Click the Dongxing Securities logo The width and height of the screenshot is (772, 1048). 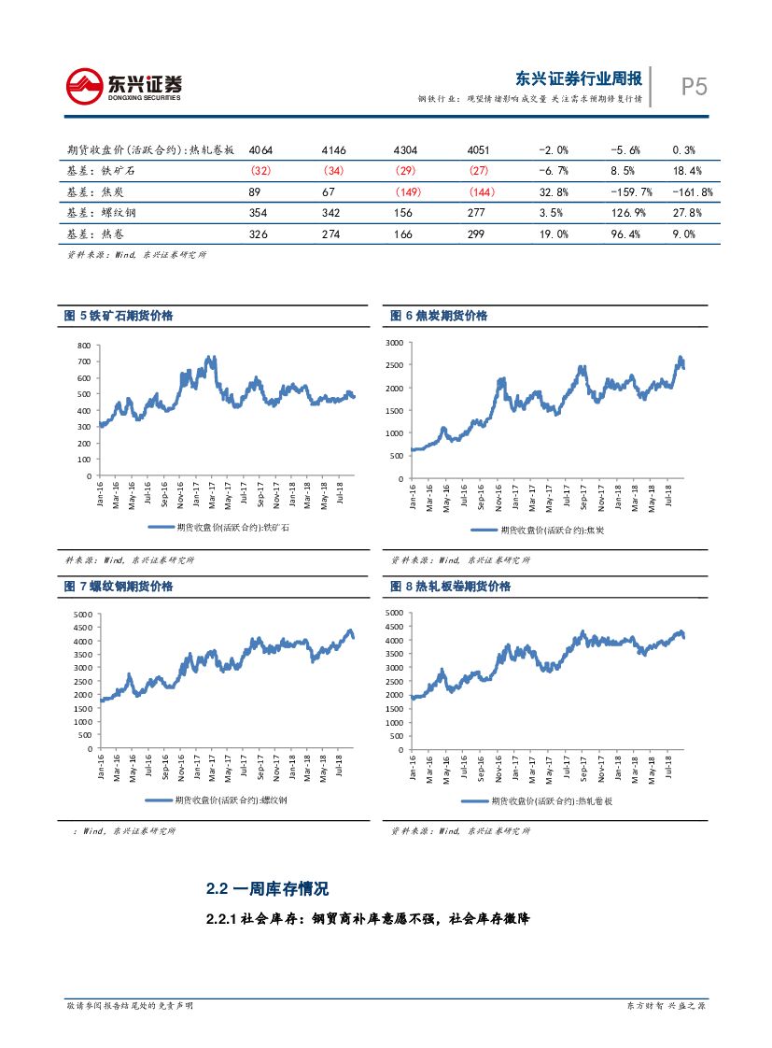tap(123, 86)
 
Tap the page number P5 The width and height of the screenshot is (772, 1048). tap(693, 87)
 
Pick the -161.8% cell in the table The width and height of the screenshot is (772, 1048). tap(693, 192)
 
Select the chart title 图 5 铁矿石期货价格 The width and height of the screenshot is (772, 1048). tap(119, 316)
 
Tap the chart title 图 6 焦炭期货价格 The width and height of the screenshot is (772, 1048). tap(439, 316)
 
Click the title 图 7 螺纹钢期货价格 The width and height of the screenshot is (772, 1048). tap(119, 587)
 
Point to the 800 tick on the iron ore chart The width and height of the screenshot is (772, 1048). tap(84, 346)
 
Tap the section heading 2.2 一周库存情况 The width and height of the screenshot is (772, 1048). tap(267, 888)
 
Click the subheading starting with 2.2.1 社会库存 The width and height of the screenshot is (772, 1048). tap(369, 919)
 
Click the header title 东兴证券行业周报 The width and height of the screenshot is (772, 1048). tap(579, 78)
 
